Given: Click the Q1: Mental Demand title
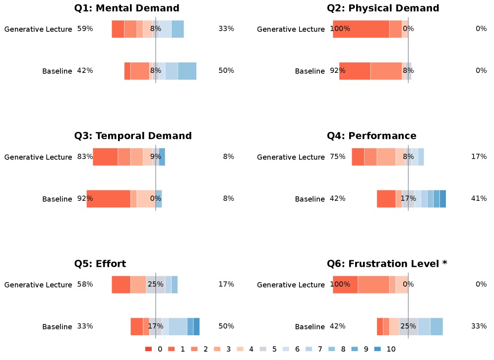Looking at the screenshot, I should point(126,8).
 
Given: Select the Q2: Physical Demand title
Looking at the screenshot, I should point(383,8).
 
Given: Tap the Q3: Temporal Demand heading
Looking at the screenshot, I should point(132,136).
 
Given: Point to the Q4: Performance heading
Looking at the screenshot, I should point(371,136).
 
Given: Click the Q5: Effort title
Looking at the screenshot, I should point(100,264).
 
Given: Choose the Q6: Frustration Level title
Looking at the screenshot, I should point(387,264).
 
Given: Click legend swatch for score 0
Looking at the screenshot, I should point(149,349).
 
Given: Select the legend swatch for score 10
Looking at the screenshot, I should point(377,349).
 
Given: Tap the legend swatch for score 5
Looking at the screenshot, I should point(263,349).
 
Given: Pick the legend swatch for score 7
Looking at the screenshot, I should point(309,349).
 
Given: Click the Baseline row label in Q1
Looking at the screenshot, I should point(57,71).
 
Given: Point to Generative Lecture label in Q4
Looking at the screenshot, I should point(291,157).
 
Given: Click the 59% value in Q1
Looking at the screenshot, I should point(85,29).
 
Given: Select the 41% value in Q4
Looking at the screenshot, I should point(479,198).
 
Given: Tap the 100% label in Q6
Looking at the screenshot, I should point(340,284).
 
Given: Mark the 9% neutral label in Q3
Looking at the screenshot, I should point(156,157).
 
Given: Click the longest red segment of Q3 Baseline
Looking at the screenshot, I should point(108,199).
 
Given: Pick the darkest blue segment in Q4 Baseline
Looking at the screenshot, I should point(443,199).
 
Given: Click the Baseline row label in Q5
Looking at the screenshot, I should point(57,327).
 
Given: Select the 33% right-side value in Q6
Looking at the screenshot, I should point(479,326).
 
